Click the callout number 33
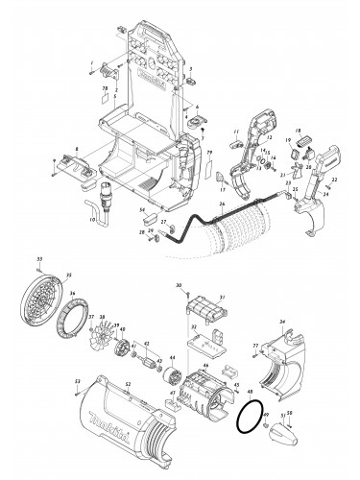click(39, 259)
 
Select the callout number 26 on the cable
click(222, 204)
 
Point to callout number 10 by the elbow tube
click(92, 219)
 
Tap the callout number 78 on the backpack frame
click(106, 87)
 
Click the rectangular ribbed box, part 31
click(204, 312)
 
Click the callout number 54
click(141, 208)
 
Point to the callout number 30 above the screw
click(179, 286)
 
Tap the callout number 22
click(335, 180)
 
